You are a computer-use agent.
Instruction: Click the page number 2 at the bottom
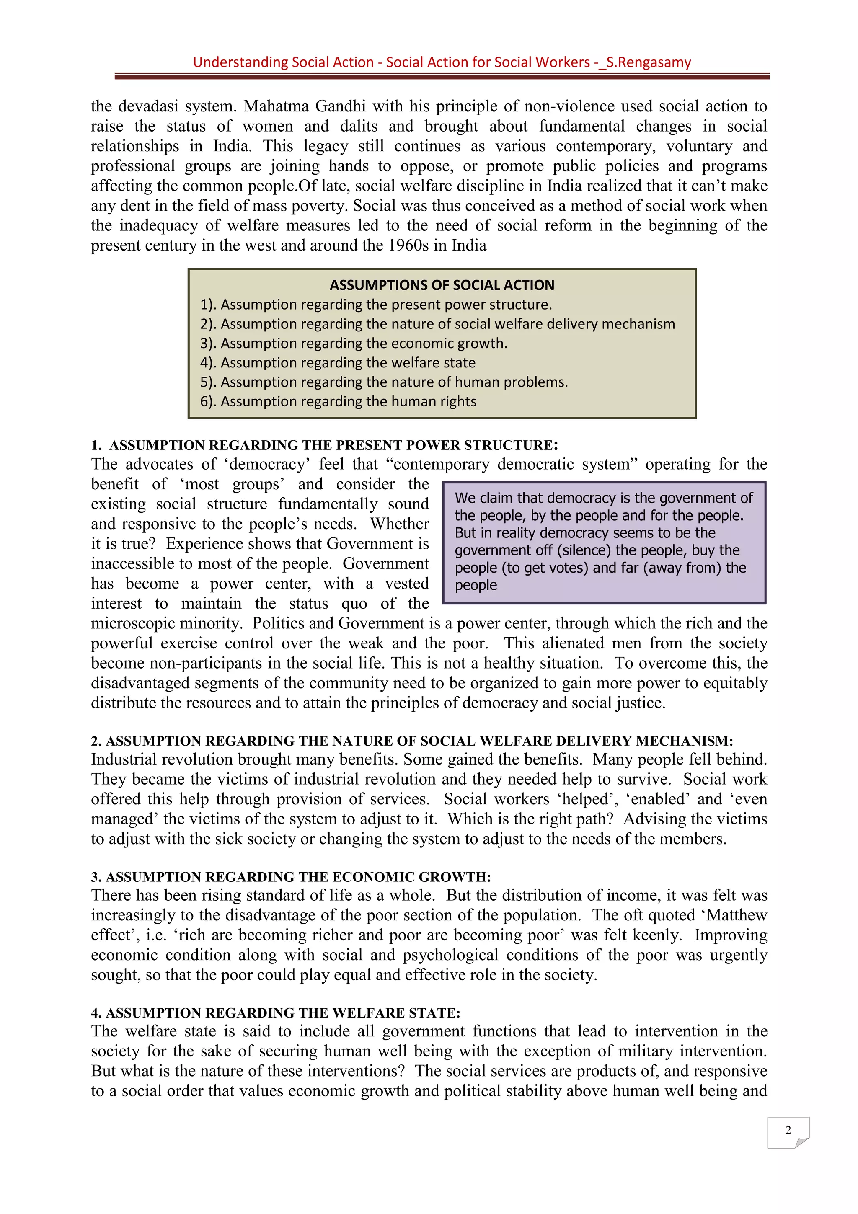[x=788, y=1130]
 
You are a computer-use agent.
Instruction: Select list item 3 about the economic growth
[x=353, y=343]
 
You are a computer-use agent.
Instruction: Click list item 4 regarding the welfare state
[x=337, y=363]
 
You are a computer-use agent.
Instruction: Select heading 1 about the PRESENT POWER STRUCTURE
[x=325, y=445]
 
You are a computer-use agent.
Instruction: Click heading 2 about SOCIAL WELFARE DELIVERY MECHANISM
[x=412, y=741]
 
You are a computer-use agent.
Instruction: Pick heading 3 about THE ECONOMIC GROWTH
[x=291, y=877]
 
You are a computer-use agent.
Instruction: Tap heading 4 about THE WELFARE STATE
[x=275, y=1013]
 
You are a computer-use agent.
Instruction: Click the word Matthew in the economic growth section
[x=737, y=915]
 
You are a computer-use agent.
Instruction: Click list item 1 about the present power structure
[x=376, y=305]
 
